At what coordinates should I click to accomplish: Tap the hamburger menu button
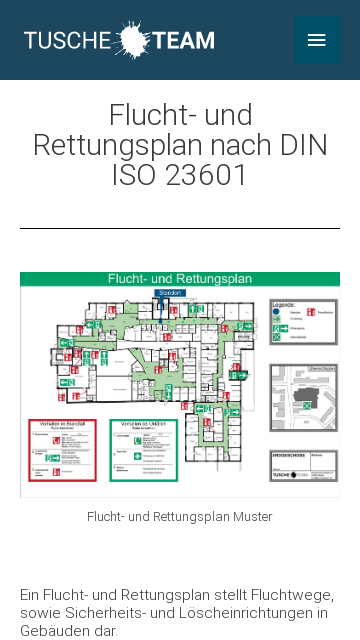point(316,40)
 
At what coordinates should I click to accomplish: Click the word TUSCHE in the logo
point(68,41)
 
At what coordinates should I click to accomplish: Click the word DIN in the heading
point(303,145)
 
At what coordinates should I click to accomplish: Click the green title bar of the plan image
point(180,279)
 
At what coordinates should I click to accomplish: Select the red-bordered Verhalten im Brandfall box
point(63,450)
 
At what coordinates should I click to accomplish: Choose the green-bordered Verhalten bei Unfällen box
point(144,450)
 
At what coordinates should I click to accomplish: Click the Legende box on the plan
point(304,321)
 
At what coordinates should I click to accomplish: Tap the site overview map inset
point(304,397)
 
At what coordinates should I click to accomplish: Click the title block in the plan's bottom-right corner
point(304,465)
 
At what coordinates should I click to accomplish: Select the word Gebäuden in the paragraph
point(51,631)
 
